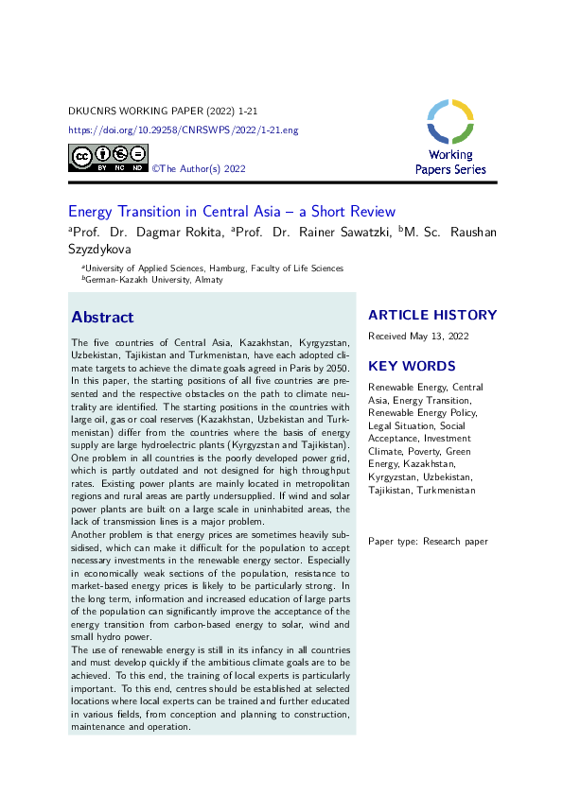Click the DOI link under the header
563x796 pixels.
(x=184, y=130)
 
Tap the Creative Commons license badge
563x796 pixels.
(x=108, y=158)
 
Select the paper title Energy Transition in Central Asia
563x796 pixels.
(x=232, y=212)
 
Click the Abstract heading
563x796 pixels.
(x=102, y=317)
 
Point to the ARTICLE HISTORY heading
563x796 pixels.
(x=432, y=315)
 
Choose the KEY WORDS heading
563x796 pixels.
(x=412, y=366)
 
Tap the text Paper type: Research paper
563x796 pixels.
(x=428, y=541)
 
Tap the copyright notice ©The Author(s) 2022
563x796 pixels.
(x=200, y=168)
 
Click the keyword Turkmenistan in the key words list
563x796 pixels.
(x=446, y=490)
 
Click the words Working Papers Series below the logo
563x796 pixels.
(x=450, y=162)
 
